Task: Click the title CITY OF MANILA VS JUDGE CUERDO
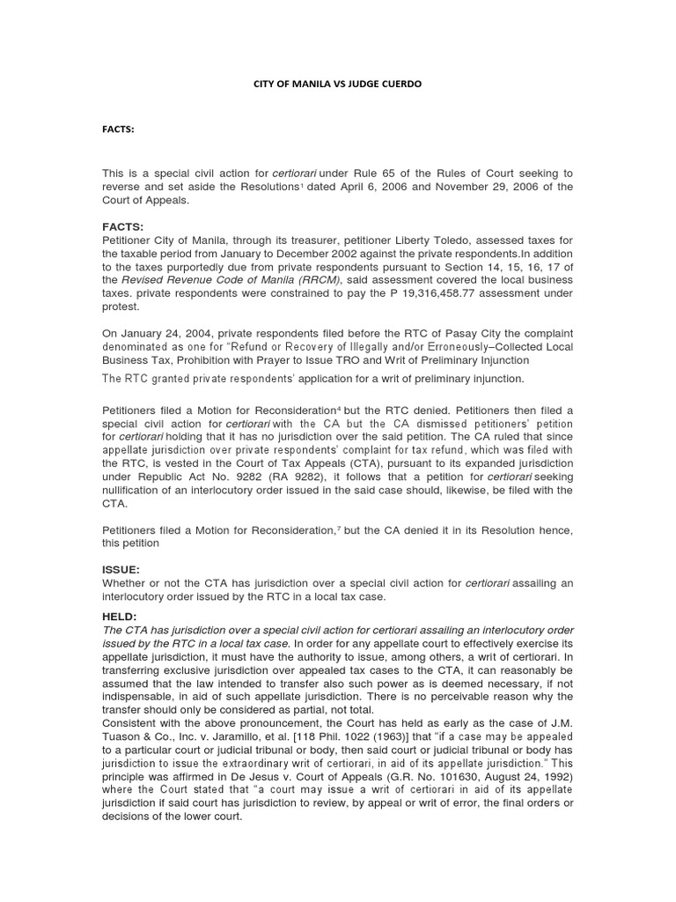[x=337, y=84]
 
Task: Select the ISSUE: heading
[x=121, y=569]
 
